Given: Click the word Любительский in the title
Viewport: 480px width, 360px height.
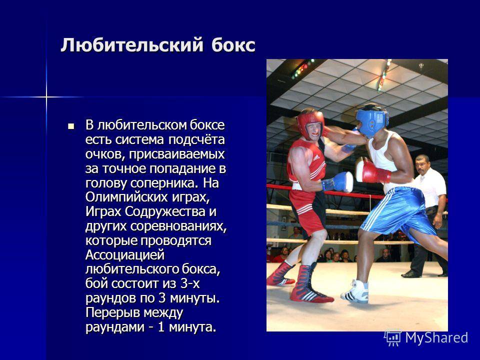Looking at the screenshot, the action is (132, 45).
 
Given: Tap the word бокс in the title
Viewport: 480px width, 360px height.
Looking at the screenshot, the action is (233, 45).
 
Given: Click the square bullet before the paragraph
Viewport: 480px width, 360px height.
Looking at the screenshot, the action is (71, 126).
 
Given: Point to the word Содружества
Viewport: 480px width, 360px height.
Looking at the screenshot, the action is (165, 211).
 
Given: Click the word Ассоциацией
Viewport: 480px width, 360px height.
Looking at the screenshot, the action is (125, 255).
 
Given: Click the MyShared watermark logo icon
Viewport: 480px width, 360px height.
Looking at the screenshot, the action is (393, 338).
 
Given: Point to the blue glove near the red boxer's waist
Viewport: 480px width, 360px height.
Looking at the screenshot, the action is (337, 182).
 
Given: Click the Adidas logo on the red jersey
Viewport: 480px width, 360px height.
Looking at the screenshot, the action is (316, 157).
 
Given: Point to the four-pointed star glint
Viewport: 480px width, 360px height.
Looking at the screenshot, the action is (46, 97).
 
